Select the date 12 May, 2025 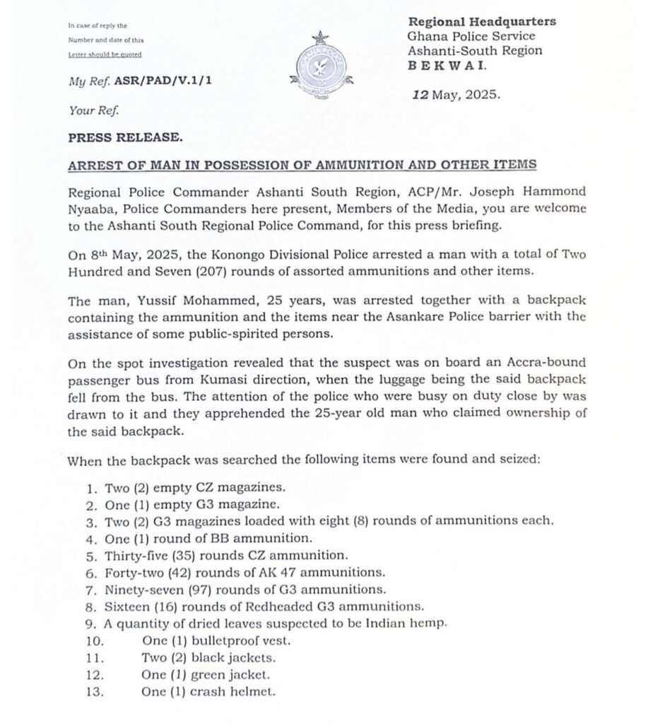pyautogui.click(x=456, y=94)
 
